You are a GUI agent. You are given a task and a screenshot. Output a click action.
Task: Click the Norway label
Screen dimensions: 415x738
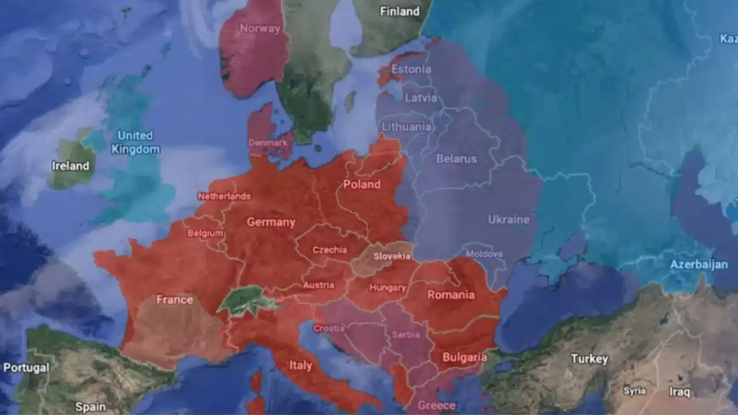click(x=259, y=28)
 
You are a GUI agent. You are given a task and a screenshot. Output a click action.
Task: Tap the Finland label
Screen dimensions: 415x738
click(x=400, y=11)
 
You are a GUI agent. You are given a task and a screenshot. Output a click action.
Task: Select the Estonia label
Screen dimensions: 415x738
click(x=411, y=69)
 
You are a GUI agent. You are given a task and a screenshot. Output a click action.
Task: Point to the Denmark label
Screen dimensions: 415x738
click(x=268, y=142)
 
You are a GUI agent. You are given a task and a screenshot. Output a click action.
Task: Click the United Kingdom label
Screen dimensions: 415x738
click(x=135, y=142)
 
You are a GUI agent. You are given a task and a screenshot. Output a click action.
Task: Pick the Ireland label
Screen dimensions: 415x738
click(x=70, y=166)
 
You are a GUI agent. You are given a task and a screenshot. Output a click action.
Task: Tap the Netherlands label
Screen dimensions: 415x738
click(x=224, y=196)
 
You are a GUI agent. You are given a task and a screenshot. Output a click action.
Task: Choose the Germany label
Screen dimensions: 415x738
click(x=271, y=222)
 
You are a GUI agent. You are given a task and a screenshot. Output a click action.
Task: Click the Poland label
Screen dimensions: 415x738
click(x=362, y=184)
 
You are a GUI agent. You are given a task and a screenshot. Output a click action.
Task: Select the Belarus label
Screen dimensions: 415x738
click(x=457, y=159)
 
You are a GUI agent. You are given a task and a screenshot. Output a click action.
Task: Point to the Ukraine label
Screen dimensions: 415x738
click(x=509, y=220)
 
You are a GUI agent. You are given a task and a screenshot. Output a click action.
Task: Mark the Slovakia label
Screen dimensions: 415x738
click(x=392, y=256)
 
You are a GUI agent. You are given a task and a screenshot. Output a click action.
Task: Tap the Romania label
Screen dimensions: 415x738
click(x=451, y=295)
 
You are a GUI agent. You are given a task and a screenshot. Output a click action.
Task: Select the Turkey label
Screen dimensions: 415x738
click(x=589, y=359)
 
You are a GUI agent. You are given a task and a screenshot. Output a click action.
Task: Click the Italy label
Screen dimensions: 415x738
click(x=300, y=365)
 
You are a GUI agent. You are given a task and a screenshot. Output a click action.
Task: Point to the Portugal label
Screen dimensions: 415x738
click(x=26, y=368)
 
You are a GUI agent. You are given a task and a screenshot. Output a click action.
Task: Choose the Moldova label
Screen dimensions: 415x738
click(x=484, y=254)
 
